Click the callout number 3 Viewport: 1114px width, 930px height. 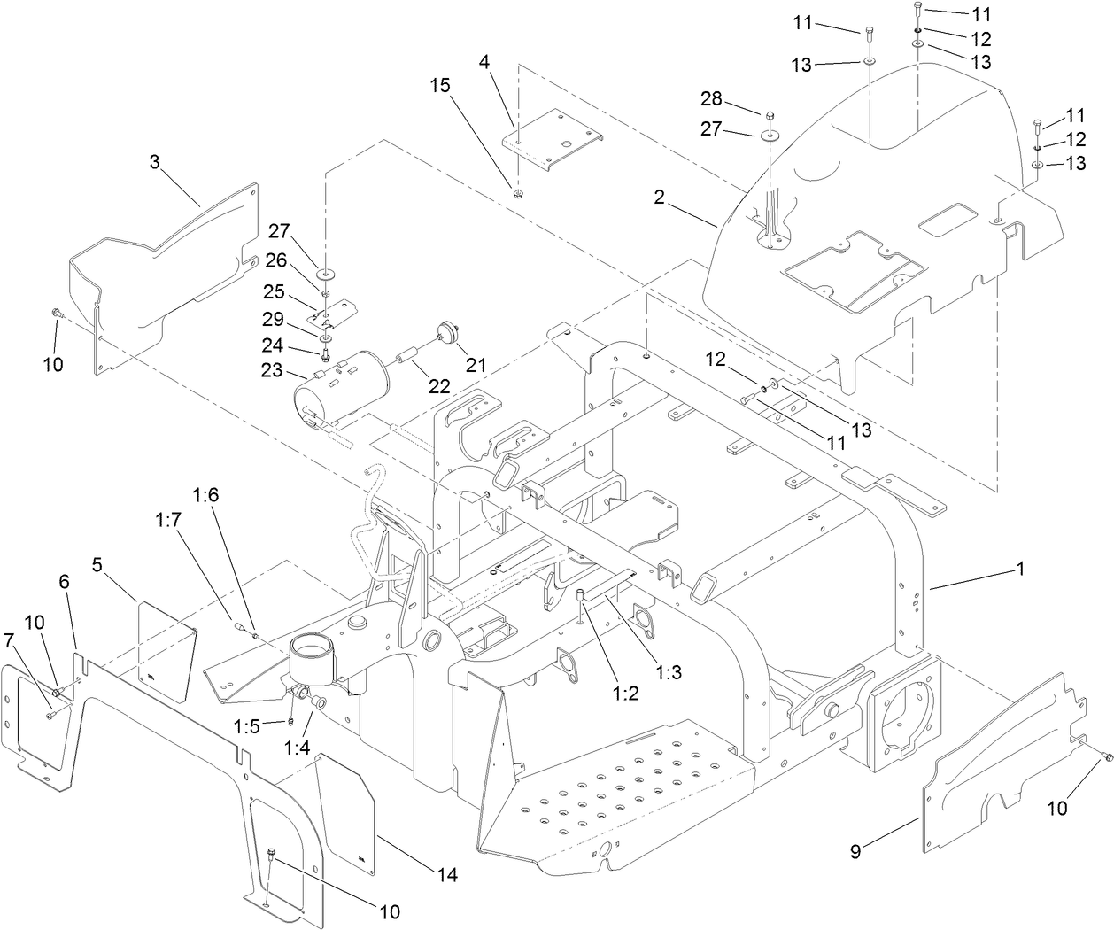tap(154, 162)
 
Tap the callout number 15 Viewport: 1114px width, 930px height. tap(441, 86)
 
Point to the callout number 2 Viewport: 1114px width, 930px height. tap(659, 197)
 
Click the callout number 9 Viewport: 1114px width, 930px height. tap(855, 852)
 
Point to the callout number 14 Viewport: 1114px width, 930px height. tap(446, 875)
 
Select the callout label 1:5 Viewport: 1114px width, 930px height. tap(245, 726)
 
